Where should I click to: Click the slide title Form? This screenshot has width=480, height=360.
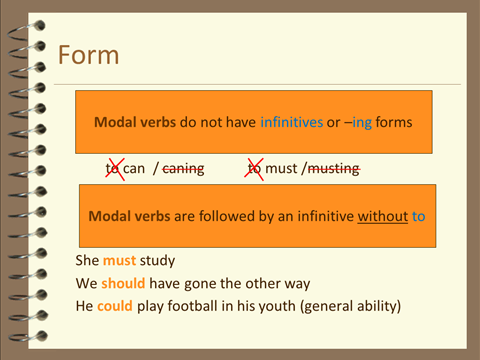(88, 55)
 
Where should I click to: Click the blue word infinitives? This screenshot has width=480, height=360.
(292, 122)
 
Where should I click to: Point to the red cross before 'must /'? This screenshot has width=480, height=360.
(254, 169)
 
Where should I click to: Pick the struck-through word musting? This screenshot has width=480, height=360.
(331, 169)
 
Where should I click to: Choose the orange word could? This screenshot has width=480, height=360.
(116, 305)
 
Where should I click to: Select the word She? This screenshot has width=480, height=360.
(87, 261)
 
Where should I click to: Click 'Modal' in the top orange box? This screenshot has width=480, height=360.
(114, 122)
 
